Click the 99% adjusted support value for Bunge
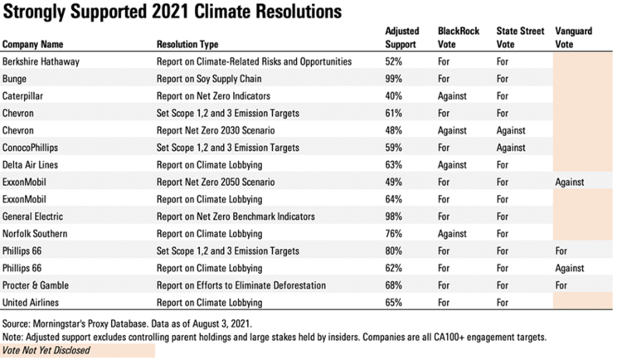click(x=394, y=80)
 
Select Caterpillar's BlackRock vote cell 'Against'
click(x=452, y=96)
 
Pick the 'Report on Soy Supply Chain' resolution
click(x=208, y=80)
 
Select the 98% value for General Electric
click(x=394, y=216)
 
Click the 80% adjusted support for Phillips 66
click(x=394, y=251)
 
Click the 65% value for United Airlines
click(x=394, y=303)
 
